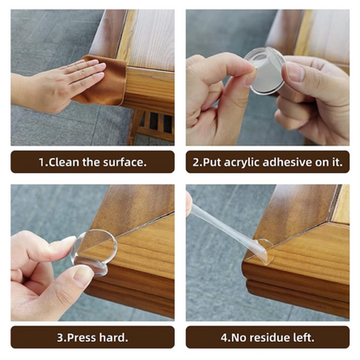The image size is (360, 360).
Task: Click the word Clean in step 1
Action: (64, 162)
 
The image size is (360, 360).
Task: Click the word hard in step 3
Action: (112, 337)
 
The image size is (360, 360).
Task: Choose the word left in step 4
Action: (303, 337)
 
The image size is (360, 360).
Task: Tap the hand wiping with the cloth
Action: (55, 85)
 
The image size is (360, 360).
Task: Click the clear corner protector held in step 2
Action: (266, 71)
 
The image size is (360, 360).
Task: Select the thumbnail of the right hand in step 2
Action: (295, 71)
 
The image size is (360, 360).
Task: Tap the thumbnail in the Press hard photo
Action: (83, 276)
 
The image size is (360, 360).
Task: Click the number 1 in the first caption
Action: (42, 162)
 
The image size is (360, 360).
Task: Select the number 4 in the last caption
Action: (224, 337)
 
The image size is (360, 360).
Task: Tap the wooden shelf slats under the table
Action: (156, 125)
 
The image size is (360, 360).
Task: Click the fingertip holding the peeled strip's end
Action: (189, 203)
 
